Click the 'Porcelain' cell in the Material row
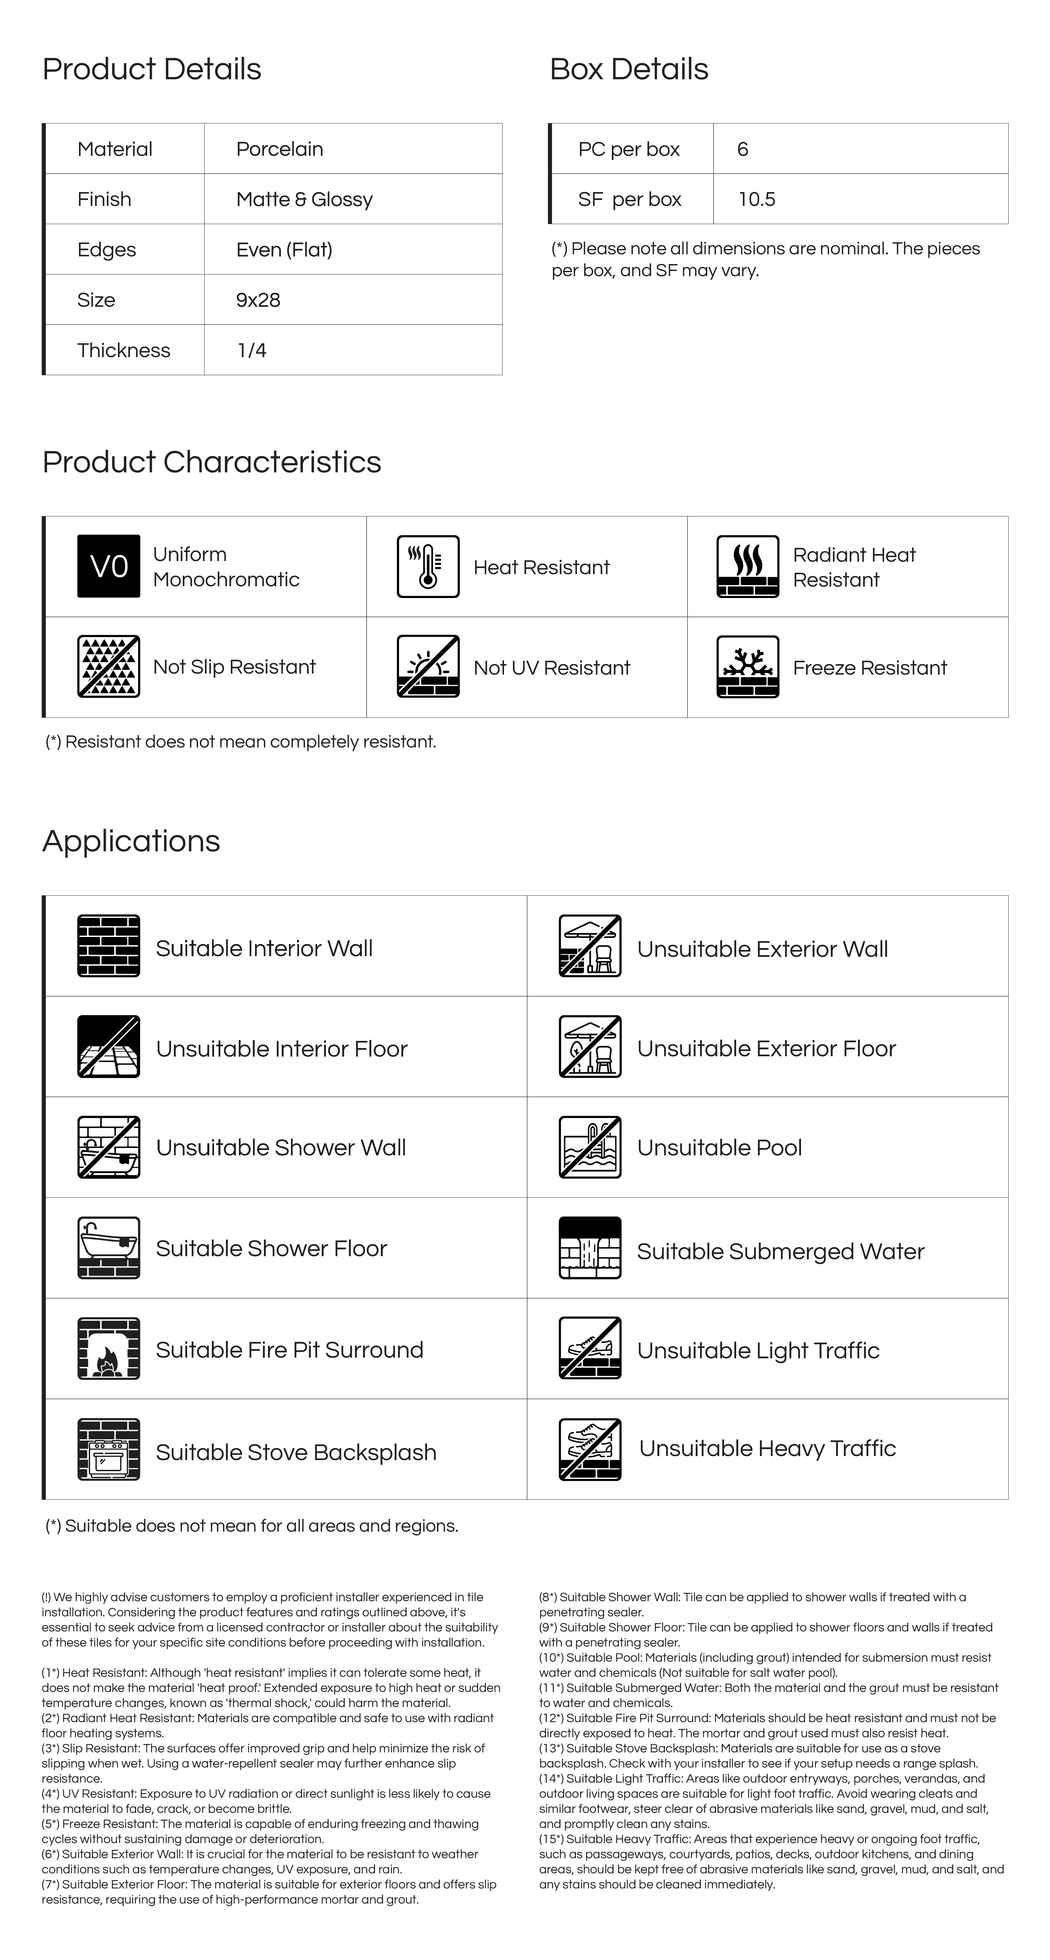coord(279,149)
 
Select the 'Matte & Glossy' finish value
coord(304,199)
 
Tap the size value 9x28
coord(258,300)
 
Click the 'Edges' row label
coord(107,250)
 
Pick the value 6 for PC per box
coord(743,149)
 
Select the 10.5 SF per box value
coord(756,199)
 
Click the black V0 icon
coord(109,566)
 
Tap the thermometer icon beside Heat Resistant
coord(428,566)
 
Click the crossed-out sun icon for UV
coord(428,667)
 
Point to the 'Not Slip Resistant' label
coord(234,667)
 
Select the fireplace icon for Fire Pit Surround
coord(109,1348)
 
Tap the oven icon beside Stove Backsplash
coord(109,1449)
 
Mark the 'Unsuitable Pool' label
coord(719,1147)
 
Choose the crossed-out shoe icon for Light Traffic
coord(590,1348)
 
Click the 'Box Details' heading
coord(628,69)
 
